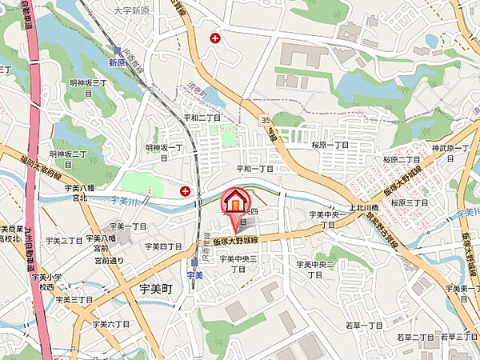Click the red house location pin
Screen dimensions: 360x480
coord(236,204)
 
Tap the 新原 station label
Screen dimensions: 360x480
coord(118,62)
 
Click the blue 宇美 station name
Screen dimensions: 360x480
coord(195,274)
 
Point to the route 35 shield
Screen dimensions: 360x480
coord(264,121)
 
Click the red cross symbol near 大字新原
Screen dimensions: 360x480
coord(214,37)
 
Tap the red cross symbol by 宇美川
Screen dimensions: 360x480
coord(186,190)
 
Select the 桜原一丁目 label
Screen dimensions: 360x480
coord(330,145)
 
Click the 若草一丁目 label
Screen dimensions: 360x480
coord(364,325)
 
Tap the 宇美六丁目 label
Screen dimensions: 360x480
coord(110,324)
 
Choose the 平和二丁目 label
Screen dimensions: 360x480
coord(202,117)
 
